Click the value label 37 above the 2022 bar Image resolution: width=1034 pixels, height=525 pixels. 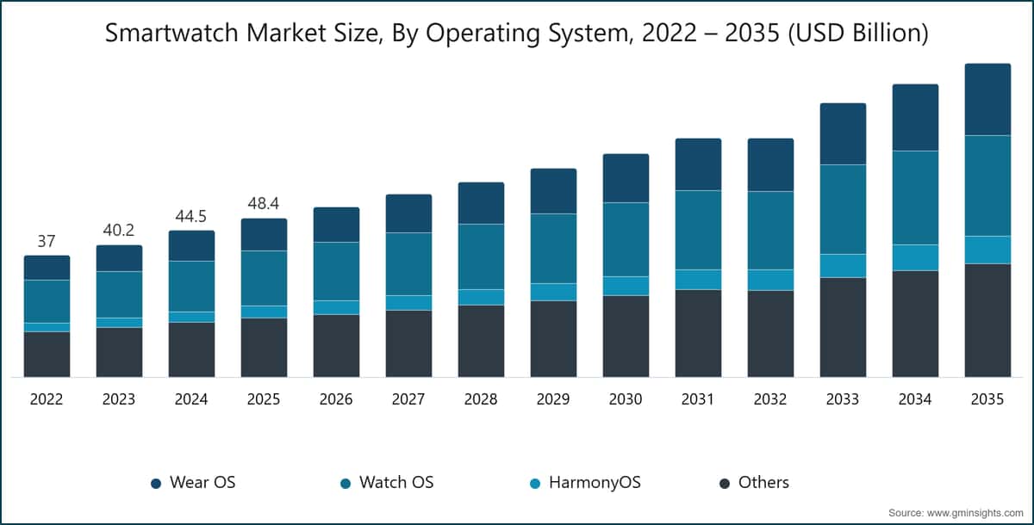pyautogui.click(x=47, y=242)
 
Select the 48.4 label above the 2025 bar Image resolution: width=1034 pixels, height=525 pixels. pyautogui.click(x=264, y=205)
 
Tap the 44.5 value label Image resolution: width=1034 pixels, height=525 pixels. pyautogui.click(x=191, y=217)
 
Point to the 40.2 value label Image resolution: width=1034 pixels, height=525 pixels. pyautogui.click(x=119, y=232)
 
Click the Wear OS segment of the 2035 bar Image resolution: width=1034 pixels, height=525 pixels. pyautogui.click(x=987, y=99)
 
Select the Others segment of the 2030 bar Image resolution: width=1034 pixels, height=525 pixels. pyautogui.click(x=626, y=336)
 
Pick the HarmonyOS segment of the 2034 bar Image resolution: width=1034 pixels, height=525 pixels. pyautogui.click(x=915, y=257)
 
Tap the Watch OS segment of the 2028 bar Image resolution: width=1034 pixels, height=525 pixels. pyautogui.click(x=481, y=256)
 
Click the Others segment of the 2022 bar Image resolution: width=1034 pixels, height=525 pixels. pyautogui.click(x=47, y=354)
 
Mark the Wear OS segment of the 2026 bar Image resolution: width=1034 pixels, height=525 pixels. pyautogui.click(x=336, y=225)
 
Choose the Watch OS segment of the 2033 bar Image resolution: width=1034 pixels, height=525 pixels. pyautogui.click(x=843, y=209)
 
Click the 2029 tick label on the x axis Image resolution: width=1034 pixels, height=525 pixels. pyautogui.click(x=553, y=400)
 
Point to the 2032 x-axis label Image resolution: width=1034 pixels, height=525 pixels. pyautogui.click(x=770, y=400)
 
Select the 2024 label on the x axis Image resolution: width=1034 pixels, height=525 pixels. pyautogui.click(x=191, y=400)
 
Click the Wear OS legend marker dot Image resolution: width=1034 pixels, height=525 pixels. pyautogui.click(x=156, y=483)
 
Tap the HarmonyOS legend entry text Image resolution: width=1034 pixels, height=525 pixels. pyautogui.click(x=595, y=482)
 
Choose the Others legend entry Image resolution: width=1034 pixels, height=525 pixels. pyautogui.click(x=763, y=482)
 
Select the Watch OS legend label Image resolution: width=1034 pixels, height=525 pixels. pyautogui.click(x=396, y=482)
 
